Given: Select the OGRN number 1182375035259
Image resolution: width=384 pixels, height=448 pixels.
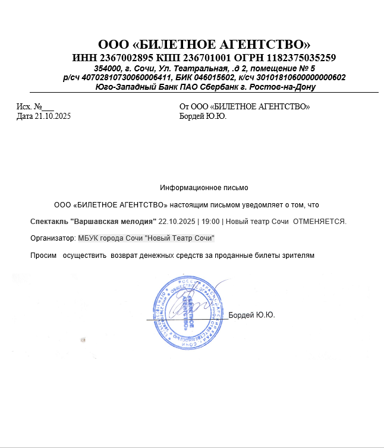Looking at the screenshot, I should coord(301,58).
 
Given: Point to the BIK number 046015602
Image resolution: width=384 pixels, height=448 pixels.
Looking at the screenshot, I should coord(213,77).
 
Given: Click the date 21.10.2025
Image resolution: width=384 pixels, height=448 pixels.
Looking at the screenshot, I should coord(52,116).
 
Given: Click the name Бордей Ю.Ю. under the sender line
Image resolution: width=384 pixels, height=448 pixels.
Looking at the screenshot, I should coord(203,116).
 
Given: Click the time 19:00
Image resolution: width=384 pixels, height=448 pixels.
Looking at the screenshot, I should coord(209,222).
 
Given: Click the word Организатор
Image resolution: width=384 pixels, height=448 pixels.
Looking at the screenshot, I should coord(52,238).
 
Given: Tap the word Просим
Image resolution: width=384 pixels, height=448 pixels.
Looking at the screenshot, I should coord(42,255).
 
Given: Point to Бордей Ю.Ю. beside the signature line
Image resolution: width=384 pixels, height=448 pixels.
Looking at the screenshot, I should coord(252,315).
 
